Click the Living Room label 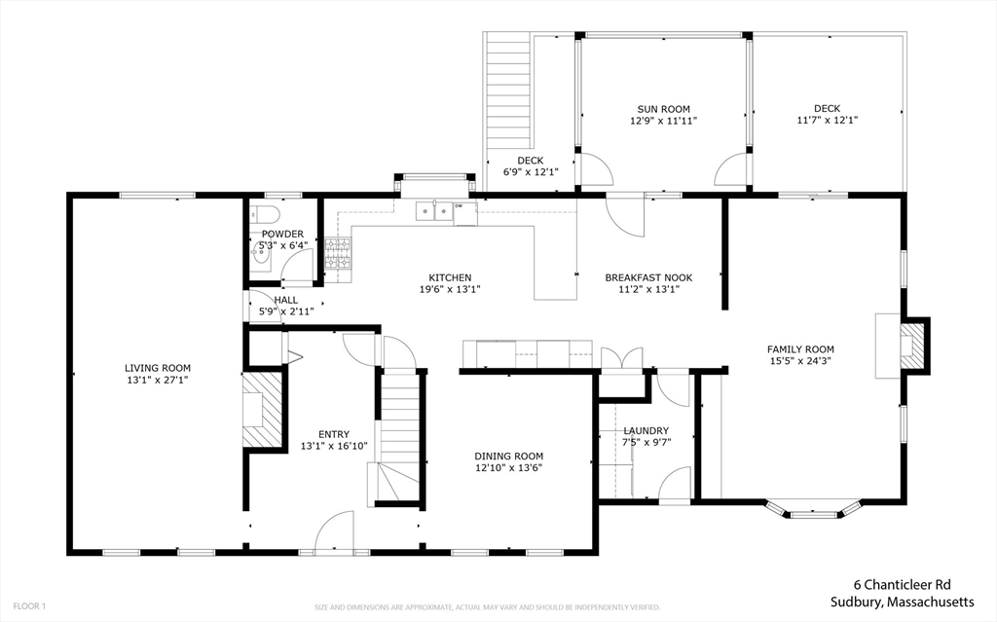(157, 368)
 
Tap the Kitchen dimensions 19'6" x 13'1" (449, 289)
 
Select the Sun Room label (663, 109)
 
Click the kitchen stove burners (337, 255)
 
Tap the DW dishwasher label (459, 206)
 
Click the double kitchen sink (435, 208)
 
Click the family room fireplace (909, 345)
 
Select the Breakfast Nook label (647, 277)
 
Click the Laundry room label (646, 430)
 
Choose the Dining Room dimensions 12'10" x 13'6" (508, 467)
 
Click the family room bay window (811, 508)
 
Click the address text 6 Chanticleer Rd (904, 585)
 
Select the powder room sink (258, 258)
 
